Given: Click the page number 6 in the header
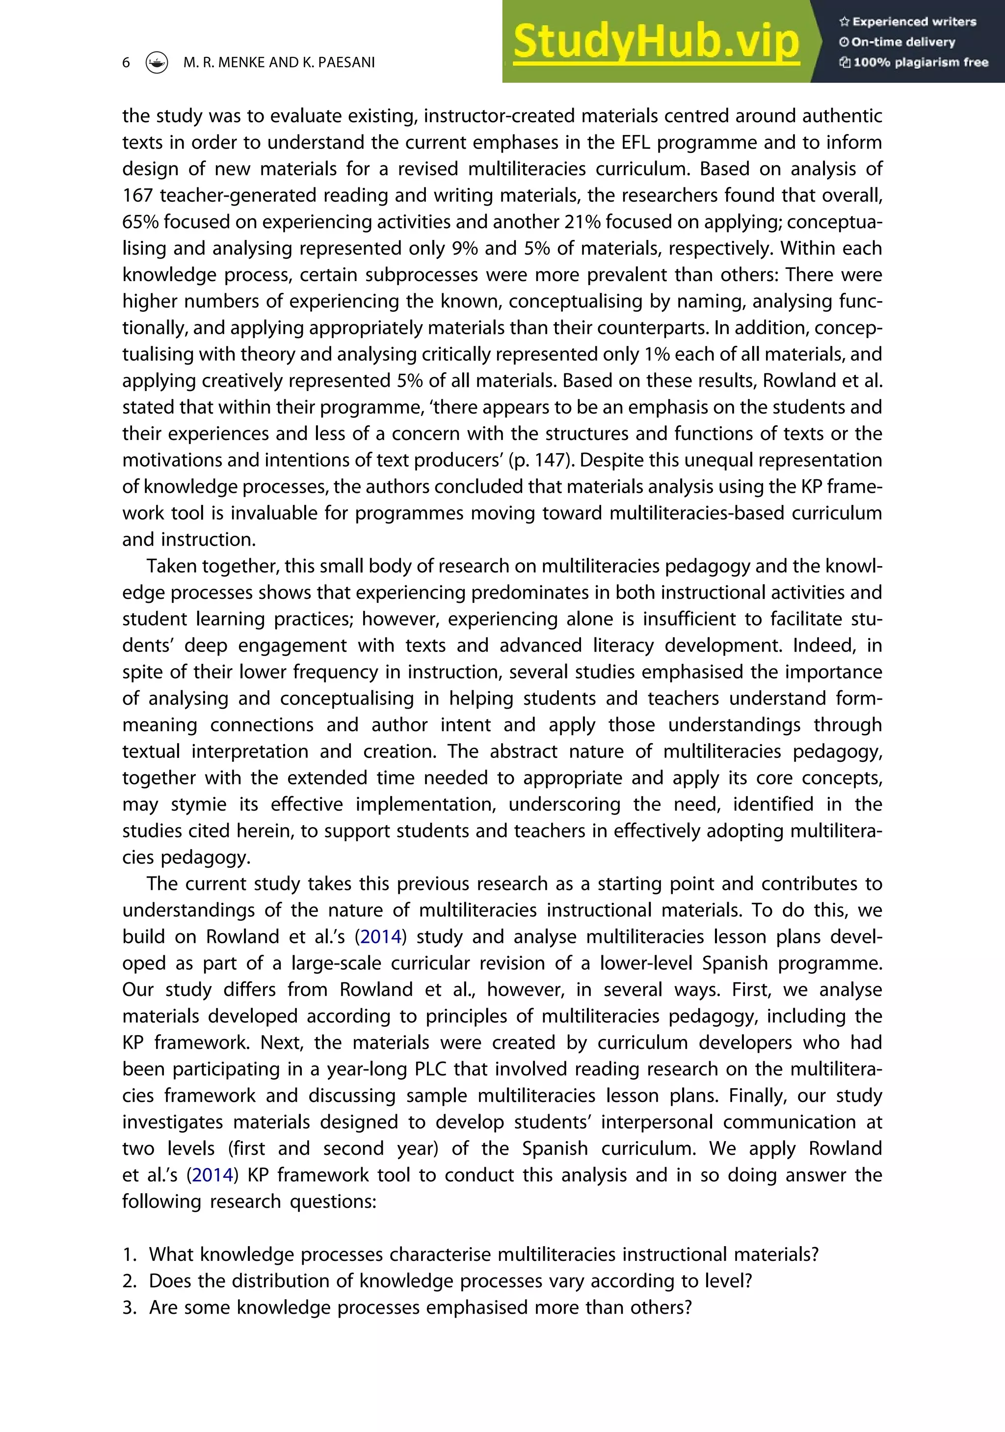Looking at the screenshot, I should tap(126, 62).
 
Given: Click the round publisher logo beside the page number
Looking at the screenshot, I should tap(157, 62).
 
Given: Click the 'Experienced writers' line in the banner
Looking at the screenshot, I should tap(908, 22).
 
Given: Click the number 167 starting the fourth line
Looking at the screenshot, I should tap(138, 195).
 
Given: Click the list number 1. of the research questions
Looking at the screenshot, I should tap(129, 1254).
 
